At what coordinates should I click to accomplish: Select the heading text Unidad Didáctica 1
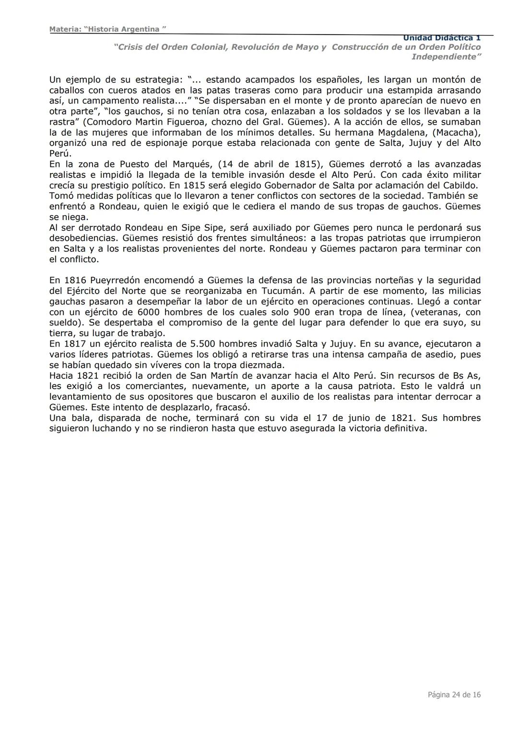pos(441,38)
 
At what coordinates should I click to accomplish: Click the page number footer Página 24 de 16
pos(454,695)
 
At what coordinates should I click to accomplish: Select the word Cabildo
pos(460,186)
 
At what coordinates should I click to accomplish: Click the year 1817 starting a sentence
pos(75,344)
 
